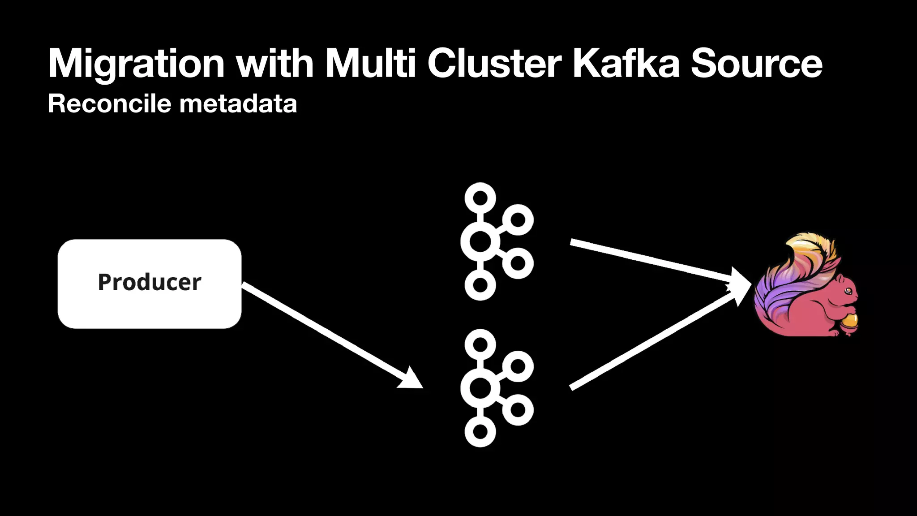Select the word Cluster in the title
494,64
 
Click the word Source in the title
756,64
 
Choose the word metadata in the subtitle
238,104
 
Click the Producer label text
150,282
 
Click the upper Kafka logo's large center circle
480,242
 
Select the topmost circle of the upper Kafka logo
480,198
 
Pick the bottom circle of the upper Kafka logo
480,285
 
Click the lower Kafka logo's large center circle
480,388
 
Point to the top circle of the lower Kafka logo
480,344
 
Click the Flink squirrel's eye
848,291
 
